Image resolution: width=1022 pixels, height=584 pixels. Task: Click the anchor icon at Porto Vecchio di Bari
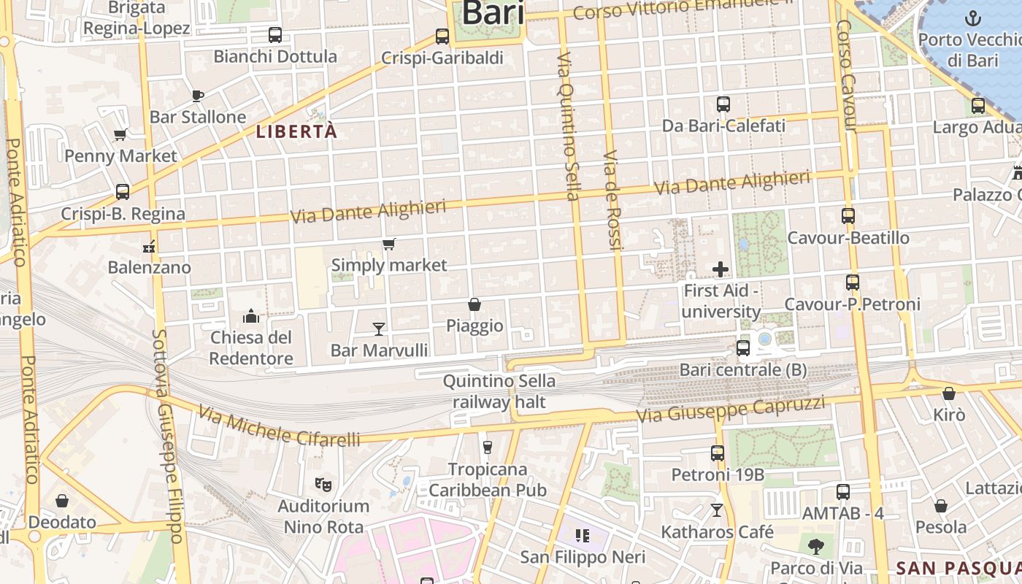tap(972, 18)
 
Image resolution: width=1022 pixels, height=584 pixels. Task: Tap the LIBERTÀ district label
tap(296, 132)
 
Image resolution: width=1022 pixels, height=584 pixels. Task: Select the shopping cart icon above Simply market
tap(389, 245)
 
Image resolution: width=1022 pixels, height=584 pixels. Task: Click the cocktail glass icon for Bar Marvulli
tap(379, 329)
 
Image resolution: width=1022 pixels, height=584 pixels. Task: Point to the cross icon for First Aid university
tap(721, 269)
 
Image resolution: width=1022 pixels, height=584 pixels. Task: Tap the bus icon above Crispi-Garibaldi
tap(442, 36)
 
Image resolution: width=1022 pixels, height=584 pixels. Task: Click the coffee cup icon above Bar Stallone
tap(197, 96)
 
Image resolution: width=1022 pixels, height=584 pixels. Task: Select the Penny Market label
tap(120, 156)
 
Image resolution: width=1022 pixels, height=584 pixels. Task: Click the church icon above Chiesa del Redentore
tap(251, 316)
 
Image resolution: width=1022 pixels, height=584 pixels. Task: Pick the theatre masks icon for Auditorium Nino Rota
tap(323, 484)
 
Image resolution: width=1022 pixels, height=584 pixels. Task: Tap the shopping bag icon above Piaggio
tap(474, 304)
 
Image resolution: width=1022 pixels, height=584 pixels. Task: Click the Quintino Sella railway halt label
tap(499, 391)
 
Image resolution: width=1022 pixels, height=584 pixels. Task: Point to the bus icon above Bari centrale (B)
tap(743, 348)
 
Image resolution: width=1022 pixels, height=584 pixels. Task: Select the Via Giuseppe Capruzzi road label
tap(731, 410)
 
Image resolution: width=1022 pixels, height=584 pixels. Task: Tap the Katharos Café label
tap(717, 532)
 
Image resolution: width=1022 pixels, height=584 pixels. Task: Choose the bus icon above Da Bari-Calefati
tap(723, 104)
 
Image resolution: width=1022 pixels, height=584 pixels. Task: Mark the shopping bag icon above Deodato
tap(62, 501)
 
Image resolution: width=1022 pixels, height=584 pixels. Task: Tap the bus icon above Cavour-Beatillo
tap(848, 216)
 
